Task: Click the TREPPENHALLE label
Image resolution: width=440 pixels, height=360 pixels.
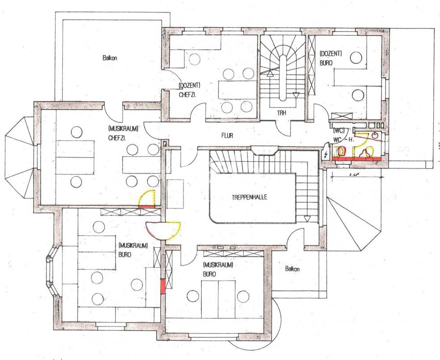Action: (x=249, y=197)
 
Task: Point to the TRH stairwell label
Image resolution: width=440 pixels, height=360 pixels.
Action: (x=281, y=113)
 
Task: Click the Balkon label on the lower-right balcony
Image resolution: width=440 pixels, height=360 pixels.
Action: (x=292, y=269)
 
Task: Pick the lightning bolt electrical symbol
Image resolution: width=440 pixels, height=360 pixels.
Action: (x=326, y=154)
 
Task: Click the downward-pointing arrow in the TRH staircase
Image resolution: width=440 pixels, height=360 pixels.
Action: (x=296, y=95)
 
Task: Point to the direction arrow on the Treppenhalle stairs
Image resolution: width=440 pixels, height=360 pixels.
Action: (x=307, y=218)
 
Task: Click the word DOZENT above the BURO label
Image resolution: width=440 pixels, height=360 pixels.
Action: (x=330, y=53)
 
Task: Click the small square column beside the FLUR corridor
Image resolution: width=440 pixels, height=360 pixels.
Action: (x=164, y=144)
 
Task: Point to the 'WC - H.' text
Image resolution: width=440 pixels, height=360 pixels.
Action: (x=342, y=139)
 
